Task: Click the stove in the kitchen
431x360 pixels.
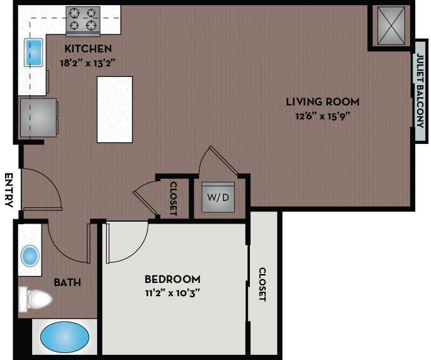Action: tap(83, 20)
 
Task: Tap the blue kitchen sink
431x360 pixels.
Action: tap(33, 52)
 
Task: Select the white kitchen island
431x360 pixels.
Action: tap(114, 109)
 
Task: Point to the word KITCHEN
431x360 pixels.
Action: tap(88, 49)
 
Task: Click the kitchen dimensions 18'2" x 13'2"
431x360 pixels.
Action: tap(88, 62)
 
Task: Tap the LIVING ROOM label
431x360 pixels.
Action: tap(322, 101)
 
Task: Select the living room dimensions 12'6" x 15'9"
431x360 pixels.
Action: tap(322, 116)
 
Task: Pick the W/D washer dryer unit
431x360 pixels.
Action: tap(218, 197)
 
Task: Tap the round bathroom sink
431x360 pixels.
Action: tap(30, 256)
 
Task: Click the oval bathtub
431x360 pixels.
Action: tap(64, 337)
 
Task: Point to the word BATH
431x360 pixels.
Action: tap(67, 282)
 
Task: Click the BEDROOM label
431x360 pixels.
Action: tap(172, 279)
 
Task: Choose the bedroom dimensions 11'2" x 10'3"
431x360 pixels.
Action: tap(172, 292)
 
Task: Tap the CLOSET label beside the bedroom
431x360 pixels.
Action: tap(263, 284)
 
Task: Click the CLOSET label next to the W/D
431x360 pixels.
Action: tap(174, 198)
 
